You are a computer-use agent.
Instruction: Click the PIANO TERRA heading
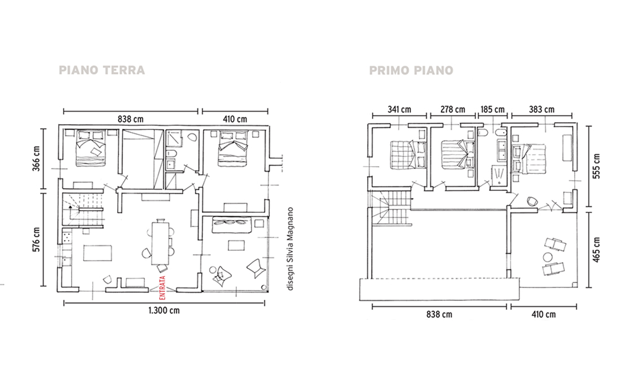click(102, 70)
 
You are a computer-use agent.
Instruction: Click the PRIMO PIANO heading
click(411, 71)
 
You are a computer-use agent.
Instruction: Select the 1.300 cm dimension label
click(164, 310)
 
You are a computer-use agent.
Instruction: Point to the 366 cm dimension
click(36, 159)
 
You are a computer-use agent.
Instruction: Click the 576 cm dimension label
click(36, 240)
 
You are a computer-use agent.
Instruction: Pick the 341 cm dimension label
click(399, 110)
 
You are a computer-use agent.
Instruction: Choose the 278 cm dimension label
click(453, 110)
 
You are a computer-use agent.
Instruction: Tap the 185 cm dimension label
click(492, 110)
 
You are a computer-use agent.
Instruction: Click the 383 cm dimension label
click(541, 110)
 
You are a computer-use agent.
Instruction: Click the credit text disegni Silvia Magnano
click(290, 249)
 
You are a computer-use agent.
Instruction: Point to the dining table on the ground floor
click(160, 243)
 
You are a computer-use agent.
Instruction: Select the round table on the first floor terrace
click(548, 258)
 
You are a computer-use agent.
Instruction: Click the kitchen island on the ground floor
click(98, 253)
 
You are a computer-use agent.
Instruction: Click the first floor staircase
click(391, 210)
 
